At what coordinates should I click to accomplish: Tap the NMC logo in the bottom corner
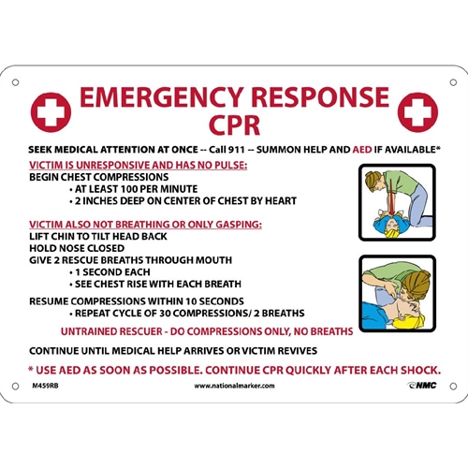(x=421, y=385)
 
